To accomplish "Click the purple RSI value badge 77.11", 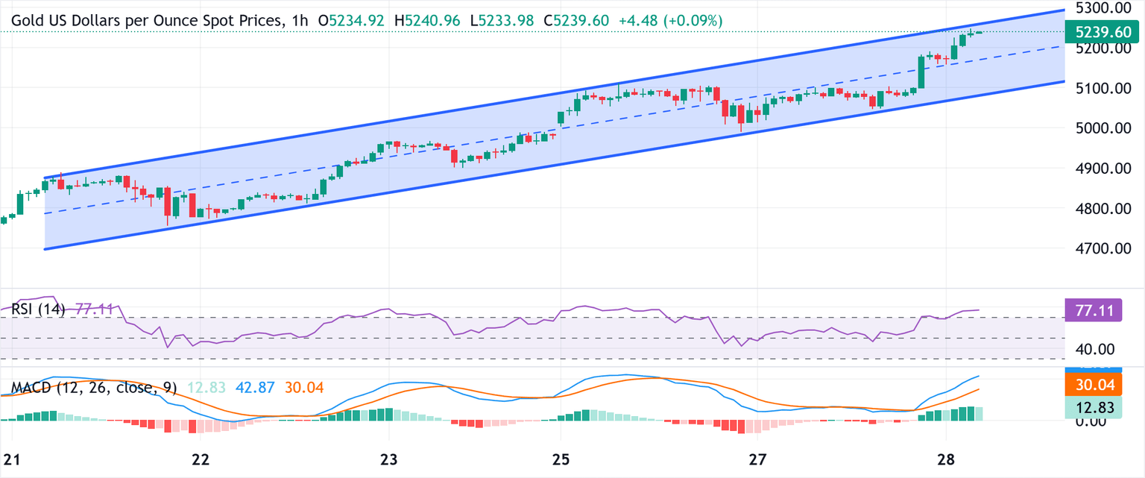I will (1097, 310).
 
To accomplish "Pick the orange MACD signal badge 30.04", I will (1097, 384).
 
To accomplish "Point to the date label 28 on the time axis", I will (945, 458).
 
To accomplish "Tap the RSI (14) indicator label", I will (38, 309).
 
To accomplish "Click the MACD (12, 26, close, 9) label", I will (94, 388).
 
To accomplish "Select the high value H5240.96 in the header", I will (427, 22).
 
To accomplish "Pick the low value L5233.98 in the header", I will (502, 22).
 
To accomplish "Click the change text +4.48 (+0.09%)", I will (670, 22).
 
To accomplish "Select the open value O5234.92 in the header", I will (351, 22).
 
